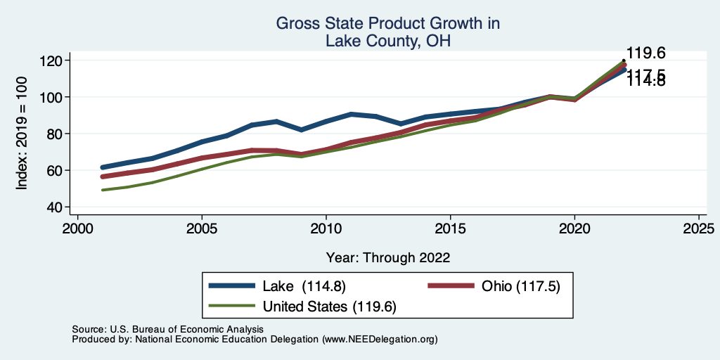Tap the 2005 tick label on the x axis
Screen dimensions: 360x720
coord(202,229)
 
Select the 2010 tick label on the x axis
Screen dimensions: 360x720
coord(326,229)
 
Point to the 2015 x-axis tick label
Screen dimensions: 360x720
coord(451,229)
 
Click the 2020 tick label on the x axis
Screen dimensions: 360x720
coord(574,229)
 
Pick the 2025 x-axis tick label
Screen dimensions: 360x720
coord(699,229)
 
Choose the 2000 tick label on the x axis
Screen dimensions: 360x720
coord(77,229)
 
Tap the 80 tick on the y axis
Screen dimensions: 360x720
coord(55,134)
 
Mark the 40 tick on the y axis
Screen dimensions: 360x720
coord(55,207)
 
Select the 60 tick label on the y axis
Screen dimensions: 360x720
coord(55,170)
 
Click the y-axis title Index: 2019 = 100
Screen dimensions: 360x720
coord(22,134)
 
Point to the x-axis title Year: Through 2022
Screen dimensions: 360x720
coord(387,257)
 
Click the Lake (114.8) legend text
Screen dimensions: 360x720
coord(304,286)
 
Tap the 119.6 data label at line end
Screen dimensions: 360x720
coord(645,53)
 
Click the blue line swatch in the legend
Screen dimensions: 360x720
coord(232,286)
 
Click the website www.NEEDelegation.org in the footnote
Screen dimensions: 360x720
coord(380,340)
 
